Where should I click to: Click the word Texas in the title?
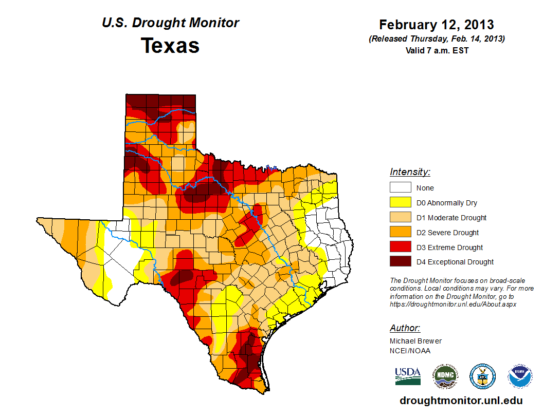click(x=170, y=46)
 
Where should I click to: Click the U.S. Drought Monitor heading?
click(x=170, y=23)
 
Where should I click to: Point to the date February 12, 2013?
click(x=437, y=25)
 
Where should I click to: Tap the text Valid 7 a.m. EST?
click(x=437, y=50)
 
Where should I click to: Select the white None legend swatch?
click(x=400, y=188)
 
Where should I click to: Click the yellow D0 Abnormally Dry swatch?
click(x=400, y=203)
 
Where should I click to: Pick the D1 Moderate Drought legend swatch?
click(x=400, y=218)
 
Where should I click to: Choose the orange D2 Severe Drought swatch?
click(x=400, y=233)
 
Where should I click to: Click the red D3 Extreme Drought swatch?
click(x=400, y=247)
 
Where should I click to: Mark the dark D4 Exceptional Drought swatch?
click(x=400, y=262)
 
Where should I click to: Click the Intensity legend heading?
click(x=410, y=172)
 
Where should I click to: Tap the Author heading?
click(x=405, y=328)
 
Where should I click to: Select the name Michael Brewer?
click(x=415, y=341)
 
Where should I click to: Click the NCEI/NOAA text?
click(x=410, y=351)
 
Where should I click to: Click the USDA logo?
click(x=408, y=376)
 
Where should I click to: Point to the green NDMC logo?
click(x=445, y=376)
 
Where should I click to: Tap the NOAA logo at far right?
click(x=520, y=376)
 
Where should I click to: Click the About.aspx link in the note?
click(x=453, y=304)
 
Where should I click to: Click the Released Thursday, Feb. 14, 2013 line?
click(x=437, y=39)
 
